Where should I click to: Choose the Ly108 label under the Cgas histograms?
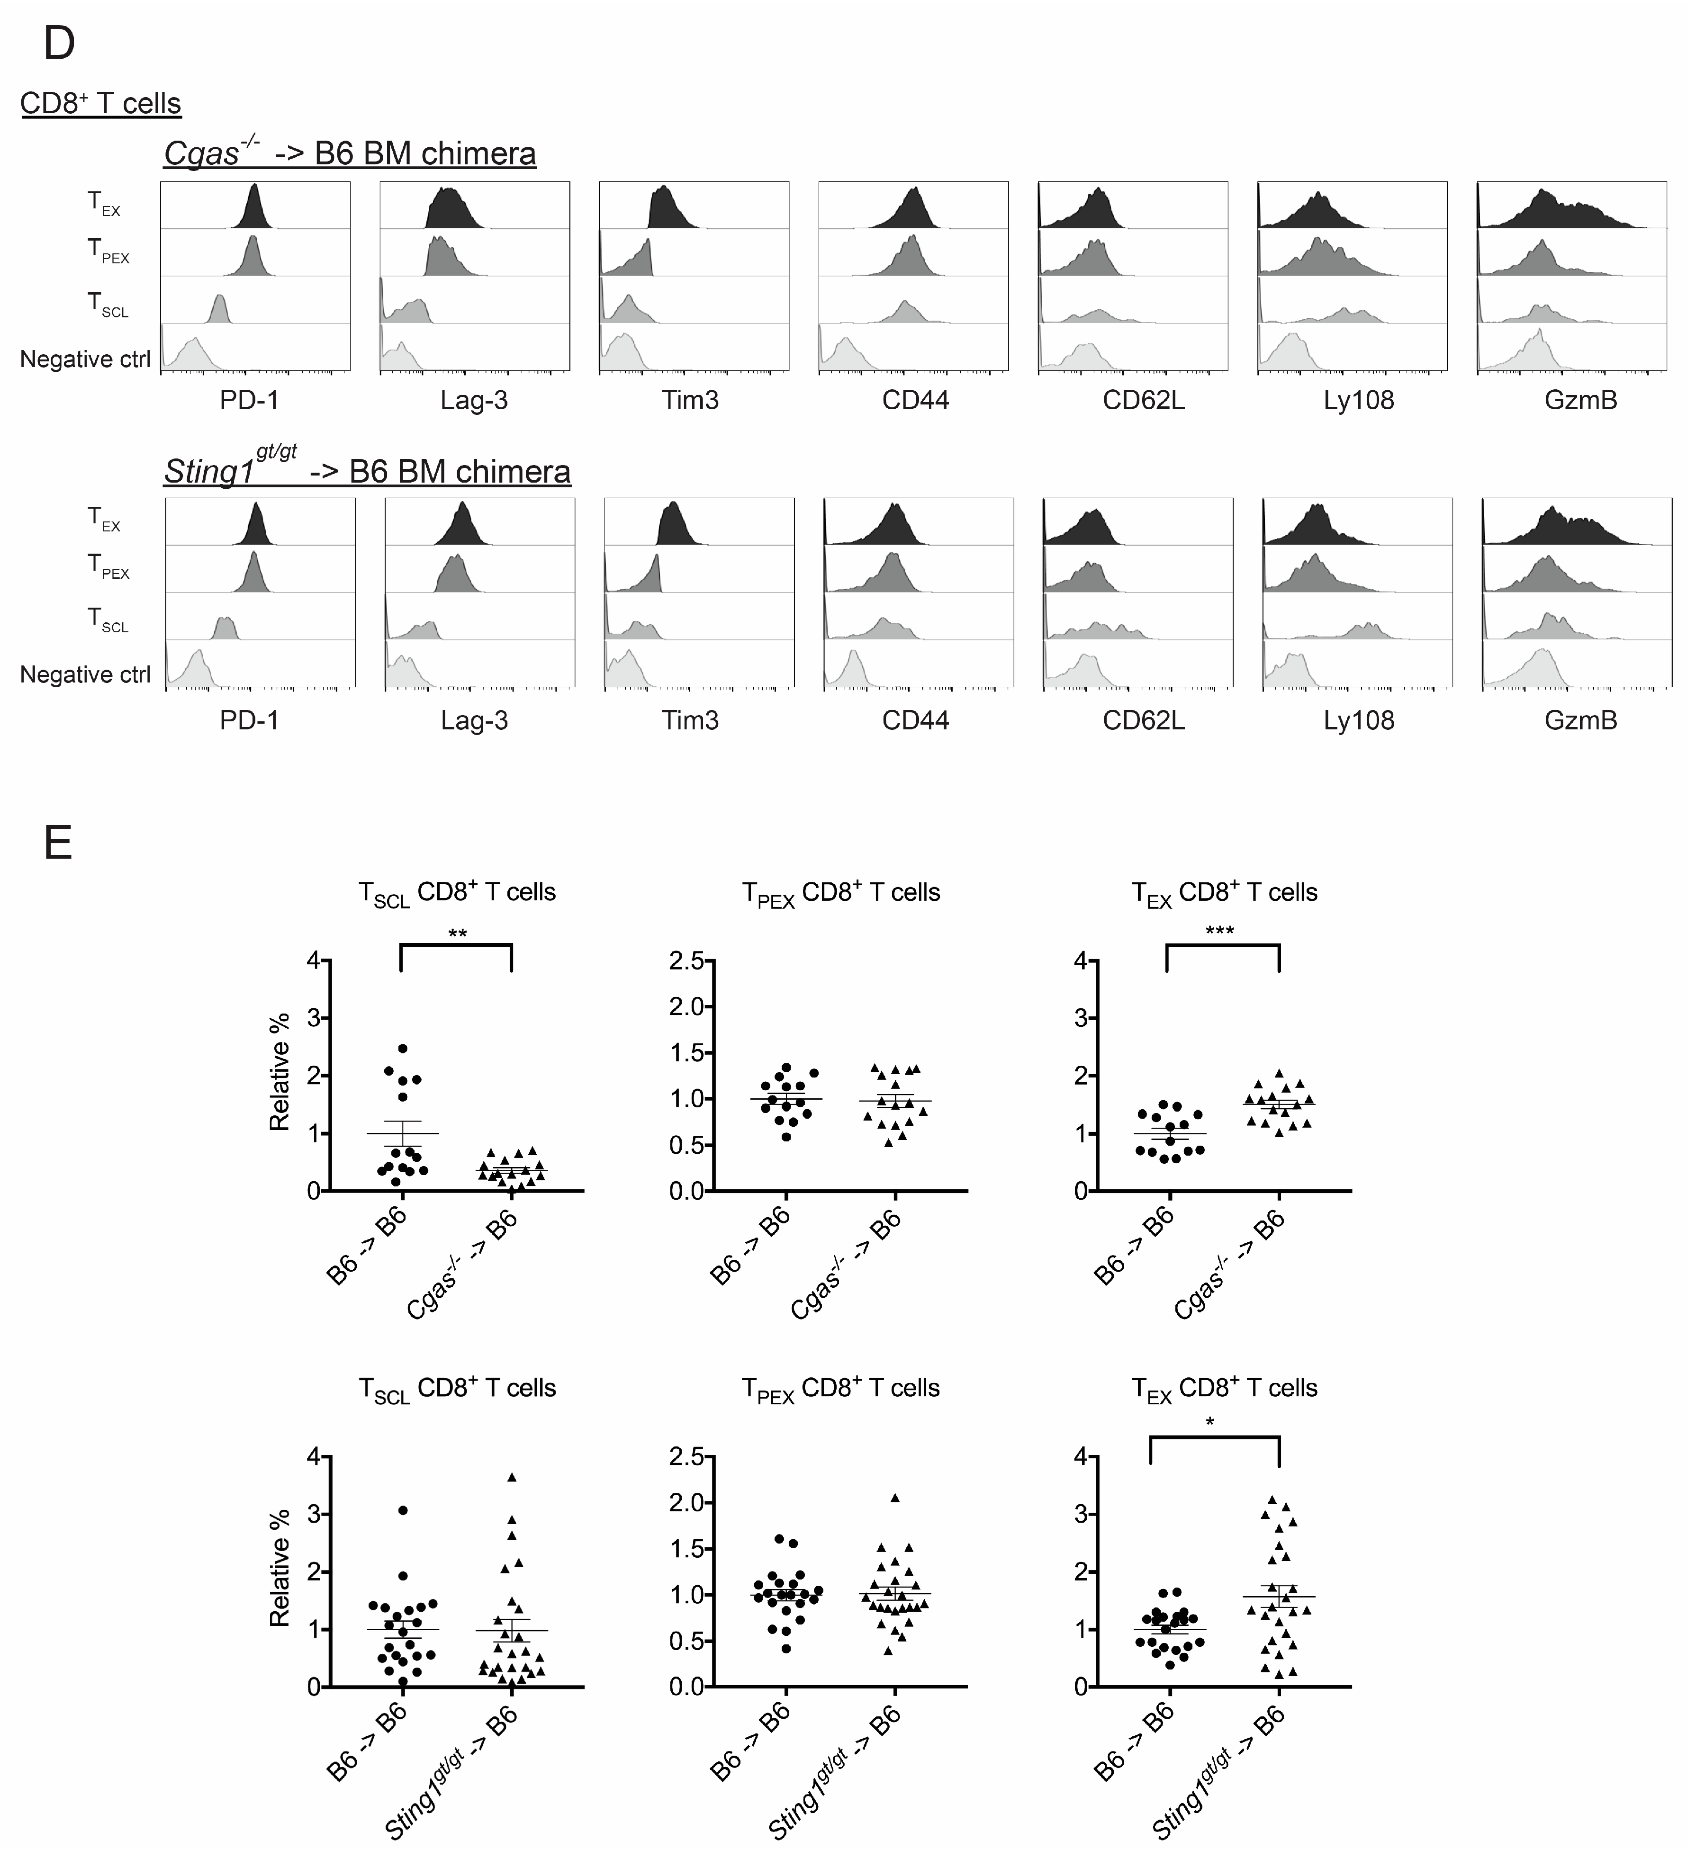click(x=1358, y=400)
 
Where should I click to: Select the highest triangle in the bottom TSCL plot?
click(x=511, y=1477)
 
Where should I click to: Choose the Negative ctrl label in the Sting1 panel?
click(x=85, y=674)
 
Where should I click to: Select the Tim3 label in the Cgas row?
click(x=690, y=400)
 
